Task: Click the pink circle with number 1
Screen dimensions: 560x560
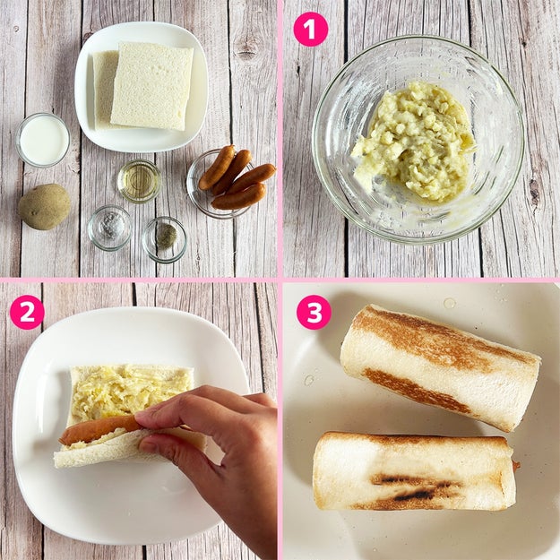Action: (x=310, y=30)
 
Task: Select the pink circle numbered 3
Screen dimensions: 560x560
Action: (x=314, y=312)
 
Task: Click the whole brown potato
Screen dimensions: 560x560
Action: (x=44, y=206)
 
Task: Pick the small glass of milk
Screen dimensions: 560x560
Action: (x=43, y=140)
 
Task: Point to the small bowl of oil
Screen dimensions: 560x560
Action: (x=139, y=181)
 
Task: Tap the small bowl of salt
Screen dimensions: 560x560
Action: (x=110, y=228)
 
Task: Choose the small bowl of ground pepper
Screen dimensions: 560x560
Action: (x=164, y=239)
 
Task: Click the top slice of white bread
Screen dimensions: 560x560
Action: (x=152, y=86)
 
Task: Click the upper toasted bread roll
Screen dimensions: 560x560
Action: (x=440, y=367)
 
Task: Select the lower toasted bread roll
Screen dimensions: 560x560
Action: (x=415, y=471)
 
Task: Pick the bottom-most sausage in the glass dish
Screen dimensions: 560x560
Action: (x=239, y=197)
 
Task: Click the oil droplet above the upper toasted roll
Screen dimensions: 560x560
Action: (x=449, y=303)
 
